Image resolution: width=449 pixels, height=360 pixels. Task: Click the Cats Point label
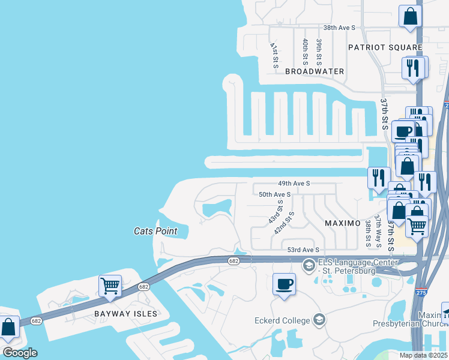[x=154, y=230]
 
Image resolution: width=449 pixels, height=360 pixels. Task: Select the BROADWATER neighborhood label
[x=315, y=71]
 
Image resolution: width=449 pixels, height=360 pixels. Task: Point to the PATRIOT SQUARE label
[x=377, y=47]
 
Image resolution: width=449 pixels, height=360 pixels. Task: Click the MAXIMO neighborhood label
[x=342, y=223]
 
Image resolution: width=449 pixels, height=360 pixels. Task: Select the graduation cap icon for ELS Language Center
[x=309, y=265]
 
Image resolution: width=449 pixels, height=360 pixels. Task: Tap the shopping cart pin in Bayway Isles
[x=110, y=286]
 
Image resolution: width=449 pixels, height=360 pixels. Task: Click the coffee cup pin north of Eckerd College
[x=284, y=283]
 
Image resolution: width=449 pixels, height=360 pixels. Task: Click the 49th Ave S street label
[x=294, y=183]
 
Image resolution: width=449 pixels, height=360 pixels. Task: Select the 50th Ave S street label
[x=274, y=194]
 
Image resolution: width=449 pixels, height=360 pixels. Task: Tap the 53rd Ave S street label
[x=304, y=250]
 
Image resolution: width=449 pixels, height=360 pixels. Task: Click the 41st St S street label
[x=274, y=54]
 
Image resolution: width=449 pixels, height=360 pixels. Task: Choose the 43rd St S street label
[x=276, y=211]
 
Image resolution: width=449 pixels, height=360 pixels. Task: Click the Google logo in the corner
[x=20, y=353]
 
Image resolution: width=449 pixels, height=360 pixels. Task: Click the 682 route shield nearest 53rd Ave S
[x=234, y=260]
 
